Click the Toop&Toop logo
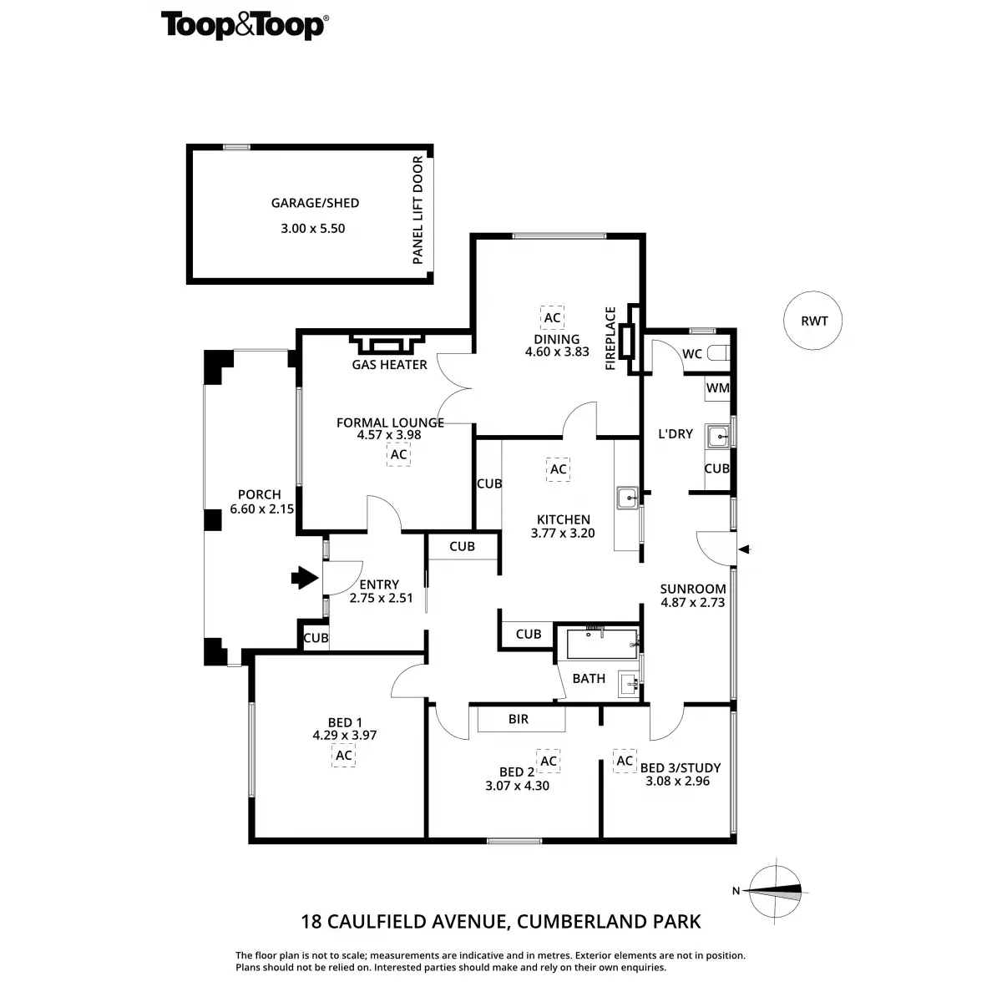point(243,25)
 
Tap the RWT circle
point(813,321)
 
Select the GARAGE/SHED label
point(315,203)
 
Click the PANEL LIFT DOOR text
point(418,210)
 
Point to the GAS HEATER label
point(390,365)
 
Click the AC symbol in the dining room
point(552,318)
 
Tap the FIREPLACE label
point(610,338)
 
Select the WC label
point(692,354)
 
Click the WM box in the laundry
point(717,388)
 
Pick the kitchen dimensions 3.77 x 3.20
point(563,533)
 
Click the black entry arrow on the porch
point(303,577)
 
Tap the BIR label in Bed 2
point(519,719)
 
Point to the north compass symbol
point(776,890)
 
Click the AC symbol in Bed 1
point(343,756)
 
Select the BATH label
point(589,678)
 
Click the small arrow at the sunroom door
point(746,549)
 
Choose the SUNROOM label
point(693,589)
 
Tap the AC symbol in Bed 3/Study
point(625,761)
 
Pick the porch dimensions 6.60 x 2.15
point(261,509)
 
